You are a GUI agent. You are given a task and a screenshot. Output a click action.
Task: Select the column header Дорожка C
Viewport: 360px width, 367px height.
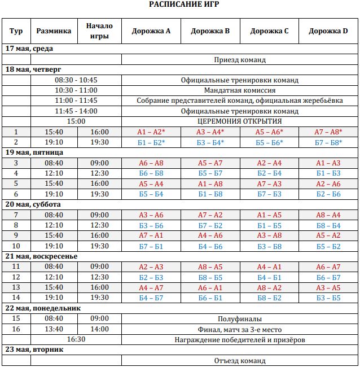(x=269, y=31)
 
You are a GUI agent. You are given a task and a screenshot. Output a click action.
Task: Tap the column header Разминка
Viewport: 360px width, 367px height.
(x=54, y=31)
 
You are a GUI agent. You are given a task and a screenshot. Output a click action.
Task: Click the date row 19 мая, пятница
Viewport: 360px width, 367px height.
(x=34, y=152)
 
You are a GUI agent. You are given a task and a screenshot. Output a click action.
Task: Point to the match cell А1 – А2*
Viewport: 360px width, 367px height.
(x=151, y=132)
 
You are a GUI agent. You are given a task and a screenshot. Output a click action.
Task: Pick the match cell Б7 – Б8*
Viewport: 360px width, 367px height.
(x=328, y=142)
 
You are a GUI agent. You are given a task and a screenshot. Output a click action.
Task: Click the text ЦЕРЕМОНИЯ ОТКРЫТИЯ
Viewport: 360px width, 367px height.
(x=240, y=121)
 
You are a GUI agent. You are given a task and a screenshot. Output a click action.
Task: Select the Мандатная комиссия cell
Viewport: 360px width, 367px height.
(x=240, y=90)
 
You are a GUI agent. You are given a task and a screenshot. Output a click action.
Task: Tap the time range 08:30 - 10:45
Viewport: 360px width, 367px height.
(x=76, y=80)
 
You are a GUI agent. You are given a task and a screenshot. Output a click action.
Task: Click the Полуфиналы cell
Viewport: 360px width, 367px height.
(x=240, y=318)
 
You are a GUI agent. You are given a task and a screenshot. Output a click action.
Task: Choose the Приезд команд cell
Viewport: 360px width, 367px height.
(x=240, y=59)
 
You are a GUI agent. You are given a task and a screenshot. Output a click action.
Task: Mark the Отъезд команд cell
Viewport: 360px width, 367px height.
(x=240, y=360)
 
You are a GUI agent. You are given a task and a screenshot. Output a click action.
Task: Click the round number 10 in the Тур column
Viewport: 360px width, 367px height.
(x=16, y=246)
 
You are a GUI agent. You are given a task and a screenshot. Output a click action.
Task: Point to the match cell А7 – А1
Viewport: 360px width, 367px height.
(x=151, y=235)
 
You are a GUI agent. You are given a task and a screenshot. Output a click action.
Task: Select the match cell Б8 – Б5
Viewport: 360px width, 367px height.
(x=210, y=277)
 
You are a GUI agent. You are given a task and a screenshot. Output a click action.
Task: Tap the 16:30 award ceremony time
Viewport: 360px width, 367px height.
(x=76, y=339)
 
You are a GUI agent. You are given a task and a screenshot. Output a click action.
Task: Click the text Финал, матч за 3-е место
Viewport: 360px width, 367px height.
(x=240, y=329)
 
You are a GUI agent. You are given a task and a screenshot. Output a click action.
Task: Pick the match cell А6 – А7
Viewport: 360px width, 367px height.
(x=328, y=266)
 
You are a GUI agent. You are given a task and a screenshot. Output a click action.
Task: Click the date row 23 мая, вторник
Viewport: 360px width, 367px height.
(x=34, y=349)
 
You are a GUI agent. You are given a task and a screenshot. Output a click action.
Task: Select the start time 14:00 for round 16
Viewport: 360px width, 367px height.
(x=100, y=329)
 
